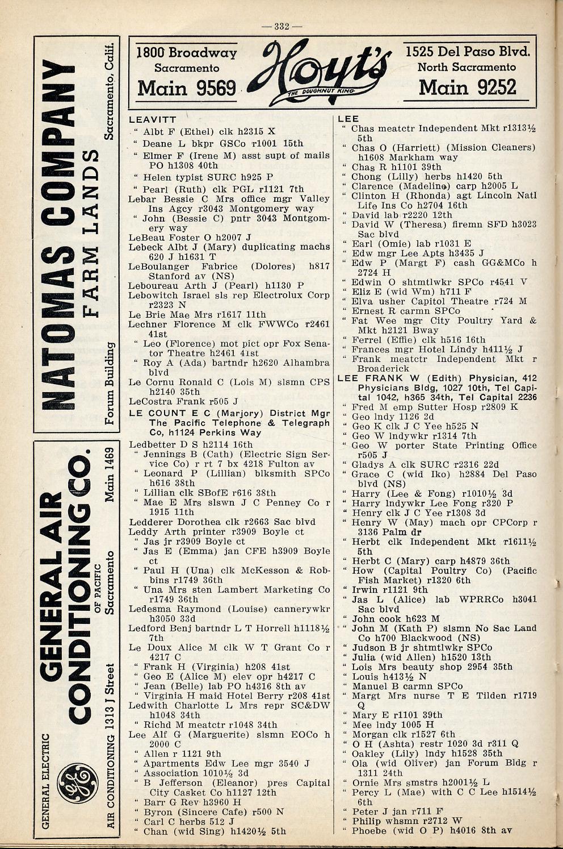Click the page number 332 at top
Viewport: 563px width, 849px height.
click(x=282, y=26)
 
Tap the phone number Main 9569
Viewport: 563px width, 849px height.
click(x=187, y=88)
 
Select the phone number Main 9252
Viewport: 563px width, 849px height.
click(x=468, y=87)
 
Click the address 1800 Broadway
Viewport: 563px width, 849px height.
click(x=187, y=53)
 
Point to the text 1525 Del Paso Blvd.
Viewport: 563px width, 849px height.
click(x=468, y=52)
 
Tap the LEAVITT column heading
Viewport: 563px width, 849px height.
click(x=153, y=120)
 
